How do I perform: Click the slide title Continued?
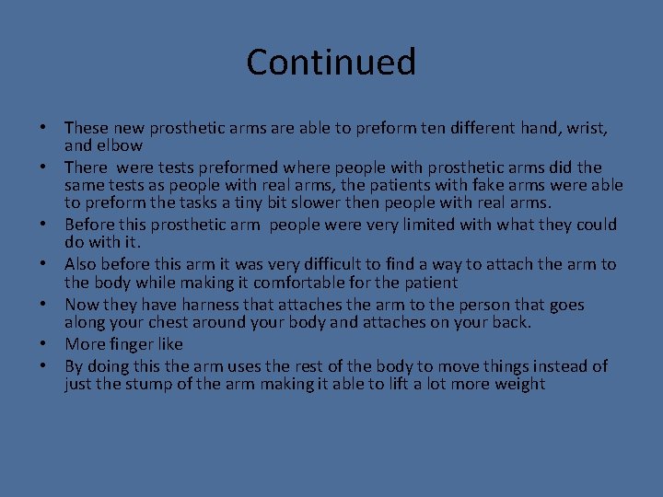point(331,63)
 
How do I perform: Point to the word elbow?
point(117,144)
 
